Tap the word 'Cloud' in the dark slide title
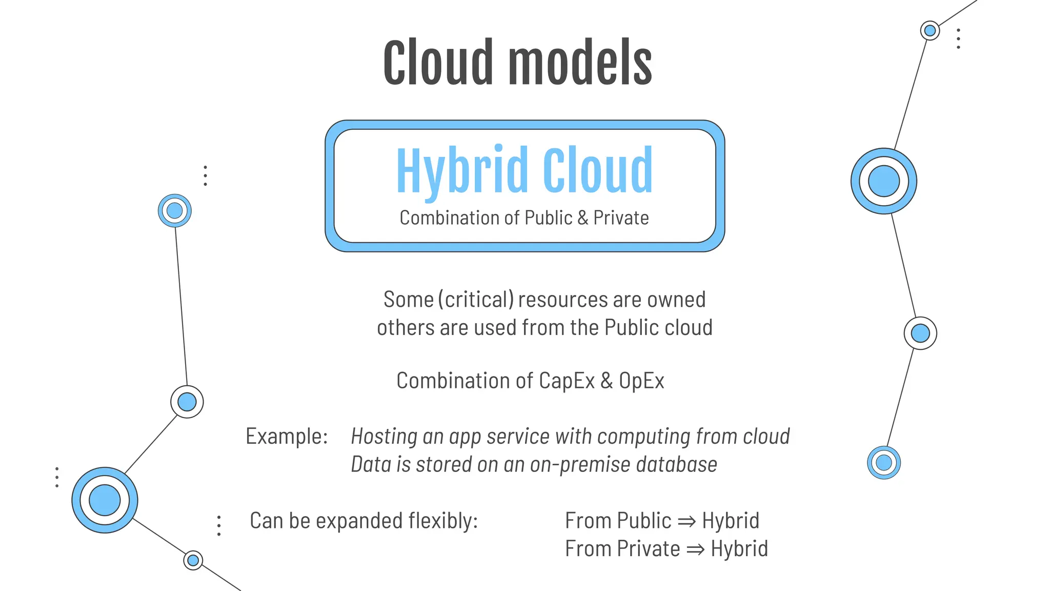coord(438,63)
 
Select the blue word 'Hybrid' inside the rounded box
coord(462,170)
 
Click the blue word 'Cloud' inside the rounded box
coord(597,170)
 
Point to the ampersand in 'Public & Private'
coord(583,218)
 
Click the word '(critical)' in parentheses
coord(476,300)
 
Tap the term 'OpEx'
coord(641,381)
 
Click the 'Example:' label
coord(287,437)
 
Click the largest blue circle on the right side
coord(883,181)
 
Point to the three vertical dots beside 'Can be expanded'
coord(219,526)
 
